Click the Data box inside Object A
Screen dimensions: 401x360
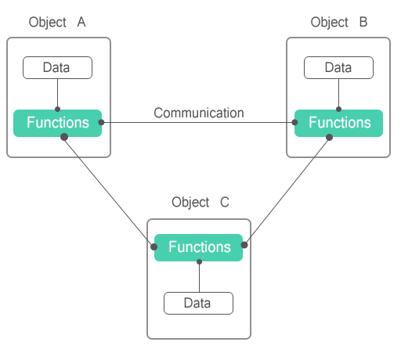57,67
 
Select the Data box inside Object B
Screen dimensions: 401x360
338,67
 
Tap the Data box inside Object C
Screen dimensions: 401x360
198,303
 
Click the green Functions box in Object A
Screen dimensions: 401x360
57,123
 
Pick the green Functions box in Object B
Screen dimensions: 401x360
338,123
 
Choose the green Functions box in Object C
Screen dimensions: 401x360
198,247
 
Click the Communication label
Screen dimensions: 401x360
199,113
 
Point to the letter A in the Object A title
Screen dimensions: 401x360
81,22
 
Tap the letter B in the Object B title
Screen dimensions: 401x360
363,22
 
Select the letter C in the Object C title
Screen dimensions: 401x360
225,202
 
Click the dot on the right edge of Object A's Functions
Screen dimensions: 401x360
101,122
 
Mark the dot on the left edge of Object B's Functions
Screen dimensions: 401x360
294,122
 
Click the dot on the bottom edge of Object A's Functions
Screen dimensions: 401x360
64,137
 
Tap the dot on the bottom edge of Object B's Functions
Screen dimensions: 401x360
330,137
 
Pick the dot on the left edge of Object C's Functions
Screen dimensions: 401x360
154,247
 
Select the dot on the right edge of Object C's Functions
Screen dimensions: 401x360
244,245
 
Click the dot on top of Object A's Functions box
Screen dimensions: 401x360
58,109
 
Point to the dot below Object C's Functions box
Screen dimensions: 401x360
199,261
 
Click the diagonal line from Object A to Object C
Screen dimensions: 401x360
109,192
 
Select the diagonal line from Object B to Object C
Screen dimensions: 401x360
287,191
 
